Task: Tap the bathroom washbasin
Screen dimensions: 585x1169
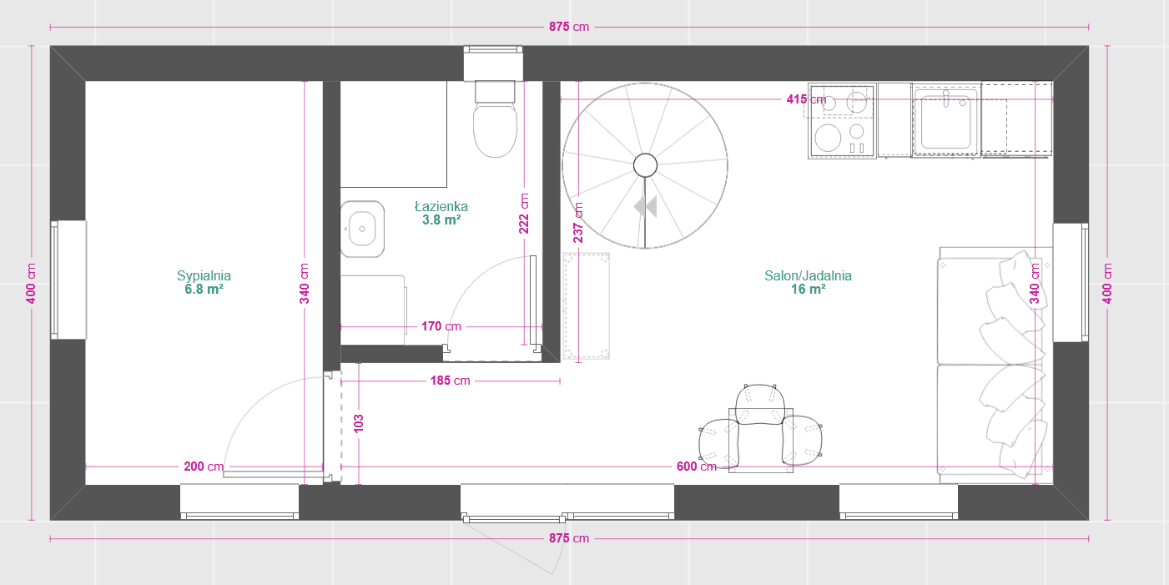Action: pos(361,228)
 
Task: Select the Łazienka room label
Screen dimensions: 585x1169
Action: pos(441,206)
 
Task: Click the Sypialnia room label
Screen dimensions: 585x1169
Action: pos(204,275)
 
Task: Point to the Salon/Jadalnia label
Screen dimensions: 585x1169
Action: pos(808,275)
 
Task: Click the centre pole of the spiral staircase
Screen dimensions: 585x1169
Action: pos(645,165)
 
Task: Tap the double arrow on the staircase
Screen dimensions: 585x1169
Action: pos(645,206)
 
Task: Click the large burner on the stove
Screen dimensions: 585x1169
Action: pos(828,137)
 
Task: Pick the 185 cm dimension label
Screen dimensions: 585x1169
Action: pos(451,381)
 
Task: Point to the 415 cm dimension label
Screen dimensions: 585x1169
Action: pos(806,99)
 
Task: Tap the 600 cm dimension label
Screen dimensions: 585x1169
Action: pos(696,466)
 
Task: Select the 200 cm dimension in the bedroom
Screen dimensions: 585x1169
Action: pos(204,466)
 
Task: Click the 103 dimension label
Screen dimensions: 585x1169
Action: pos(359,421)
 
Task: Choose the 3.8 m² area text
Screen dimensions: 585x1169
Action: pos(441,220)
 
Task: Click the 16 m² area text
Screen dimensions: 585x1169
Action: pos(808,290)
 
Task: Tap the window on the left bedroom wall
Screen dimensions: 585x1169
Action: pos(69,280)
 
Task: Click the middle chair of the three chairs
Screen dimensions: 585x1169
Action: pos(759,406)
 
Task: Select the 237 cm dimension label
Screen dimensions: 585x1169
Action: pos(578,222)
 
